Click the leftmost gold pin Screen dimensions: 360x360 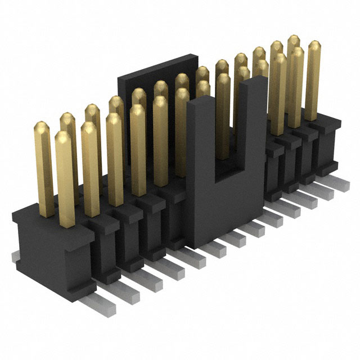43,163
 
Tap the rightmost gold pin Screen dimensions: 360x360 313,79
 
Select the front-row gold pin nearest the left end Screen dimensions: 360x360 64,174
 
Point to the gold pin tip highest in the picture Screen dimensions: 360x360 294,40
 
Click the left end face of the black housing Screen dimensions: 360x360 39,253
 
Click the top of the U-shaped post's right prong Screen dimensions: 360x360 256,82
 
